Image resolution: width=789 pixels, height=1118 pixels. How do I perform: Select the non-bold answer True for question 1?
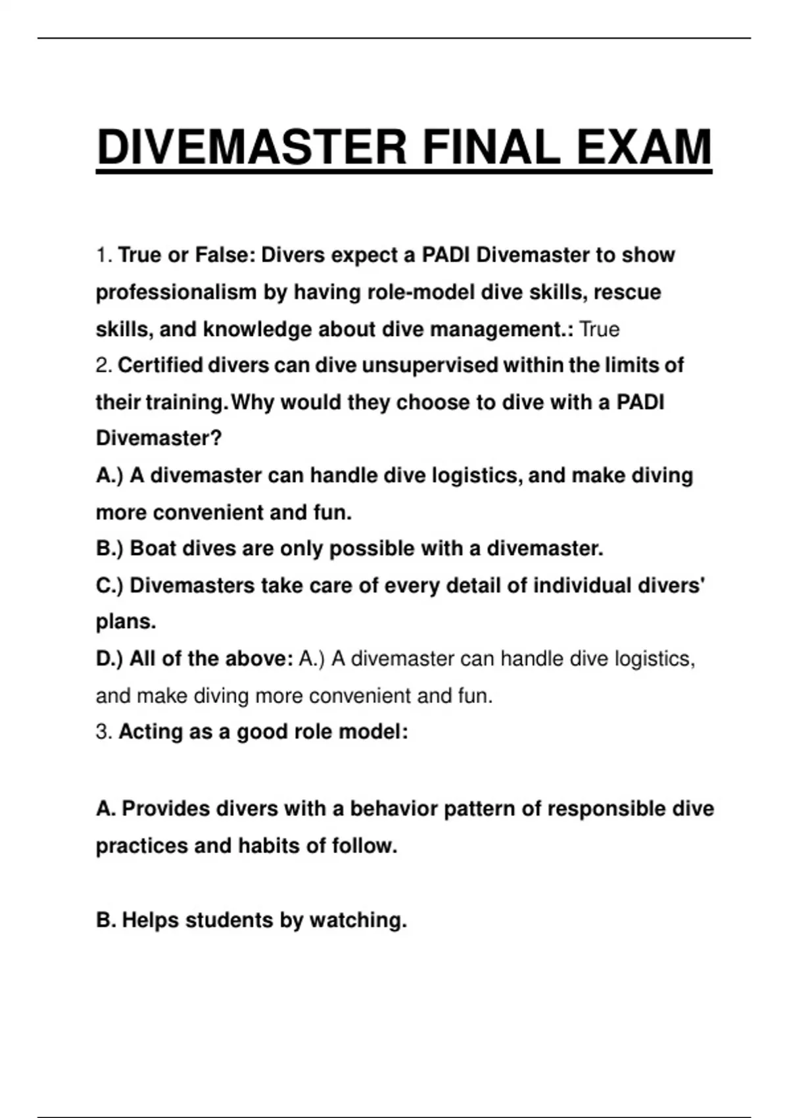(x=599, y=329)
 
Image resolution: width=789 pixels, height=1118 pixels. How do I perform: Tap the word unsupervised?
(x=429, y=366)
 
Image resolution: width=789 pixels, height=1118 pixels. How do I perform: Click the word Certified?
(x=160, y=366)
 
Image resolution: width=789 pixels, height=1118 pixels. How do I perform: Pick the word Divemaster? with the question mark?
(x=159, y=438)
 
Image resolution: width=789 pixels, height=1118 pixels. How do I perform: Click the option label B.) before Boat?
(x=109, y=548)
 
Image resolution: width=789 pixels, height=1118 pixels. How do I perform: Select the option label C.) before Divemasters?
(x=109, y=585)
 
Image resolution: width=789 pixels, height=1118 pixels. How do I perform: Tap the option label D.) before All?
(x=109, y=659)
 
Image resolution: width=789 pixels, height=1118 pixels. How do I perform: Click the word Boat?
(x=153, y=548)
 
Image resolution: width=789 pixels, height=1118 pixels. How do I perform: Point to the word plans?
(x=126, y=622)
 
